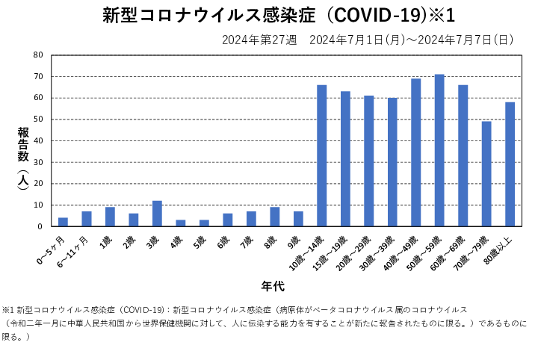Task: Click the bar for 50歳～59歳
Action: pos(439,150)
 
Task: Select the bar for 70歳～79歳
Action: pos(486,173)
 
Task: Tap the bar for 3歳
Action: pos(157,213)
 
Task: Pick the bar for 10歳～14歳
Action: pos(322,155)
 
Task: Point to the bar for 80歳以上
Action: pos(510,164)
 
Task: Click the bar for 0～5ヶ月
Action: pos(63,222)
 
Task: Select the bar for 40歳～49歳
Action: pos(416,152)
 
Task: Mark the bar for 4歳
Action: pos(181,223)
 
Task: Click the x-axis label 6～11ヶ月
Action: pos(75,247)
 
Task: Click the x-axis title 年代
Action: pos(272,285)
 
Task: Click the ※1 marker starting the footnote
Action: pos(8,309)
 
